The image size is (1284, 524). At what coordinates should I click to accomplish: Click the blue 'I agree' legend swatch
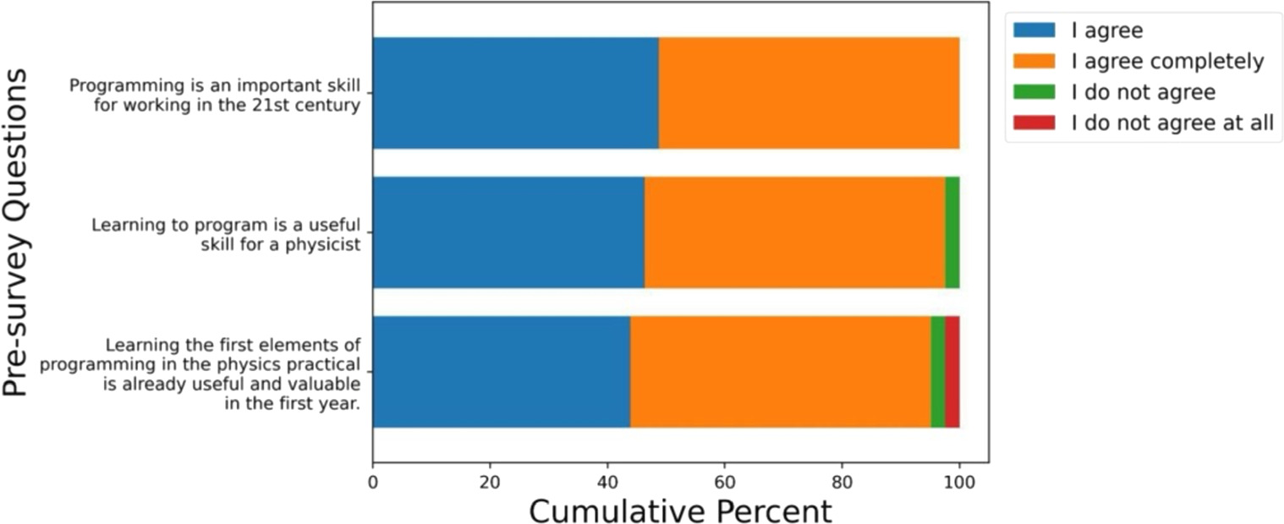pos(1034,30)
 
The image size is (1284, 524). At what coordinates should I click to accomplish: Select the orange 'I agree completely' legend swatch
pos(1034,61)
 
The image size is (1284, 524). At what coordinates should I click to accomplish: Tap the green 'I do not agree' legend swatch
pos(1034,91)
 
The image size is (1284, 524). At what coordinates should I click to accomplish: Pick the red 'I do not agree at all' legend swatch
pos(1034,123)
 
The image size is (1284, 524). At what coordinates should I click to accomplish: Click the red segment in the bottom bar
pos(952,372)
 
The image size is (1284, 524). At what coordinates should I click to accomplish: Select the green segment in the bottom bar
pos(938,372)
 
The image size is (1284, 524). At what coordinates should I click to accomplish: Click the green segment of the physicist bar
pos(952,232)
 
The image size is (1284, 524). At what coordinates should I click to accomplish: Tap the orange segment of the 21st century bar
pos(809,93)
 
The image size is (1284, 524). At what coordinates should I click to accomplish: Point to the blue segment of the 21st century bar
pos(516,93)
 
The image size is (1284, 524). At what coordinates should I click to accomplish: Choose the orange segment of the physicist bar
pos(794,232)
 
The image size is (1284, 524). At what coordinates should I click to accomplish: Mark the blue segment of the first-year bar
pos(502,372)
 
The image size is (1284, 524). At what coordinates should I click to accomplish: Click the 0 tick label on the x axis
pos(373,483)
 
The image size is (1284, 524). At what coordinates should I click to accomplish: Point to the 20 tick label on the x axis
pos(490,483)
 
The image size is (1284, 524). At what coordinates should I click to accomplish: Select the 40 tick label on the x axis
pos(607,483)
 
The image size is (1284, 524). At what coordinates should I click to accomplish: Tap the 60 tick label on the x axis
pos(725,483)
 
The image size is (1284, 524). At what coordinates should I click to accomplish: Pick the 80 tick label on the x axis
pos(842,483)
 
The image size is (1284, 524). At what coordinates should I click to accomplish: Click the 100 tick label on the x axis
pos(959,483)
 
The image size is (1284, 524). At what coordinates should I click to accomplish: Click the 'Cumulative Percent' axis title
pos(680,510)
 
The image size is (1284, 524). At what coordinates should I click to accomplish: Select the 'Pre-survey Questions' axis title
pos(15,232)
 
